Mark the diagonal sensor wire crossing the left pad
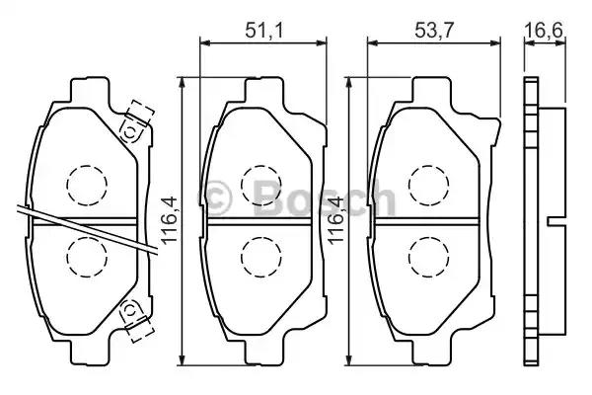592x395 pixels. coord(79,226)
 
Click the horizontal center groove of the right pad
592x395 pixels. coord(428,218)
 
